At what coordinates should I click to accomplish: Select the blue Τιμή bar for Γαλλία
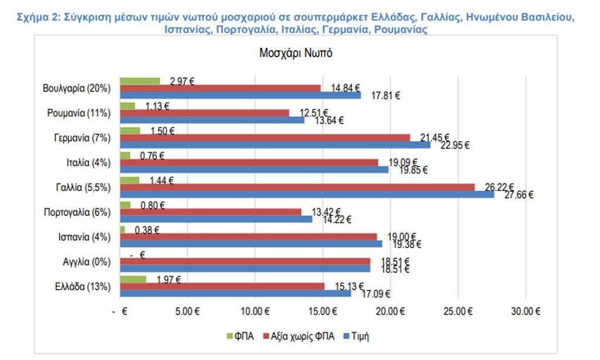point(307,194)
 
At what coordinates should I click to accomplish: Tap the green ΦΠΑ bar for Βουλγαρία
point(140,81)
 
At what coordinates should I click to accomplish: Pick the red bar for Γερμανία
point(265,138)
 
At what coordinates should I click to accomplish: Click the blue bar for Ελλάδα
point(235,293)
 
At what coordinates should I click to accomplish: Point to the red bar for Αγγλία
point(245,261)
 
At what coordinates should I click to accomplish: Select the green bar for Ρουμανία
point(128,106)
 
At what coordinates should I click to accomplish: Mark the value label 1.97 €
point(169,279)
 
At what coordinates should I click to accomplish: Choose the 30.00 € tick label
point(524,311)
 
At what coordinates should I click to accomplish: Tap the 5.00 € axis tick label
point(187,311)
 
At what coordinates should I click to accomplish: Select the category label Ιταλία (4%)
point(87,162)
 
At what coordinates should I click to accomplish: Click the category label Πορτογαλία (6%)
point(77,212)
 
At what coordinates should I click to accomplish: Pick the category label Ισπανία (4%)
point(84,236)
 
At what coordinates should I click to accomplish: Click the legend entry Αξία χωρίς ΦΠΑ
point(300,336)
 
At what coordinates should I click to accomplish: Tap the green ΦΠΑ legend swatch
point(229,337)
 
